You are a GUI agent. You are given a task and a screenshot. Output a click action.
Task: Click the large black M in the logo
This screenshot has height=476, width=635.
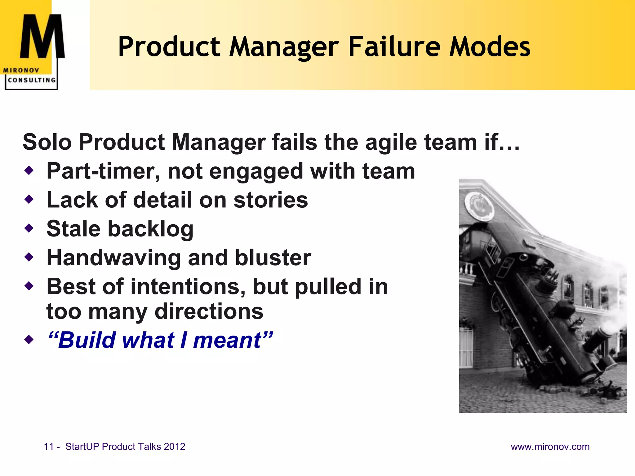(42, 37)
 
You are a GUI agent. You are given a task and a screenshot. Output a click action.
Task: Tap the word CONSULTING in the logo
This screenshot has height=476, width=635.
(32, 80)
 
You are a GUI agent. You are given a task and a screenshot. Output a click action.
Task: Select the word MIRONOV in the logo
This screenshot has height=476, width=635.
(21, 70)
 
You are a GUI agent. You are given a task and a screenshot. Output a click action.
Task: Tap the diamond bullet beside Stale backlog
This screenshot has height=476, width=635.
(29, 228)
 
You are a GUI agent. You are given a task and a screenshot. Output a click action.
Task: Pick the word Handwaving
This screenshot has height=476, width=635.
(113, 258)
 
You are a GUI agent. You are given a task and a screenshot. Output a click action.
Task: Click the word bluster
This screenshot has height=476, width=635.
(273, 258)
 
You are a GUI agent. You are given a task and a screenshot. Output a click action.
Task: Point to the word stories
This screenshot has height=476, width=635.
(270, 200)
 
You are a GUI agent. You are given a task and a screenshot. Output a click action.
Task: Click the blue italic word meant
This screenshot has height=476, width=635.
(228, 340)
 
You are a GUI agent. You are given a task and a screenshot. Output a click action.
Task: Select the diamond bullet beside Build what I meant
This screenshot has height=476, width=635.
(29, 340)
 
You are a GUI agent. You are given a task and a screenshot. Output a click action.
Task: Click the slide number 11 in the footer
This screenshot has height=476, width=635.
(49, 447)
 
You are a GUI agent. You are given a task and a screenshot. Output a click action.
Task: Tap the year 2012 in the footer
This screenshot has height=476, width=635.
(175, 447)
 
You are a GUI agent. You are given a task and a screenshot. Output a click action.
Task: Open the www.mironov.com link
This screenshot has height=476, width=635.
(550, 447)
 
